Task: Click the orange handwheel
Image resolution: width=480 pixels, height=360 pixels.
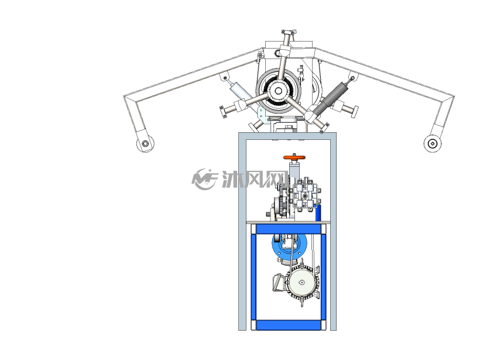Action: (x=294, y=157)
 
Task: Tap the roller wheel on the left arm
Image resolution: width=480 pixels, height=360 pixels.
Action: (x=145, y=143)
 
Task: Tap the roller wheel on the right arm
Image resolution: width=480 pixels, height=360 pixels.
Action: (x=433, y=143)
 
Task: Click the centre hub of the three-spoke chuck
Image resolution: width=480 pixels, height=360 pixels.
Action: (x=278, y=91)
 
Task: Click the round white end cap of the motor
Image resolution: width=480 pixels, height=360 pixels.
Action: (x=301, y=283)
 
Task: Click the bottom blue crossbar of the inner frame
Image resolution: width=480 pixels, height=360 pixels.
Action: (x=289, y=325)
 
